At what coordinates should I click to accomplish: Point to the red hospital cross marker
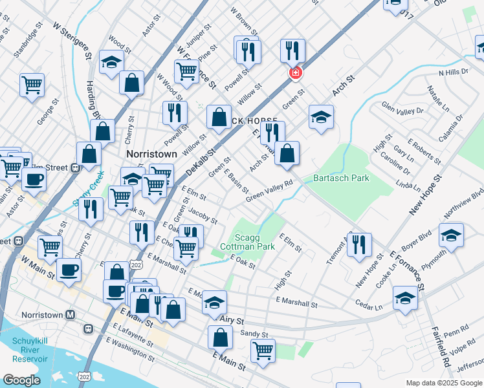tap(295, 73)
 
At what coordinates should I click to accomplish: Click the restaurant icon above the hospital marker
tap(292, 50)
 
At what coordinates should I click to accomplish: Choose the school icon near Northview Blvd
tap(451, 235)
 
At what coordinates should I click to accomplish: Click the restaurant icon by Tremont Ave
tap(359, 244)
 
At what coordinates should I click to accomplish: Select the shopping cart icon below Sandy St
tap(263, 351)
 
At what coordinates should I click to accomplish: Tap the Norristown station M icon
tap(70, 315)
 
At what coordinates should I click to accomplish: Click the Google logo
tap(21, 380)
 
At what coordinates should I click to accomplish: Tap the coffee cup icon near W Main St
tap(69, 270)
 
